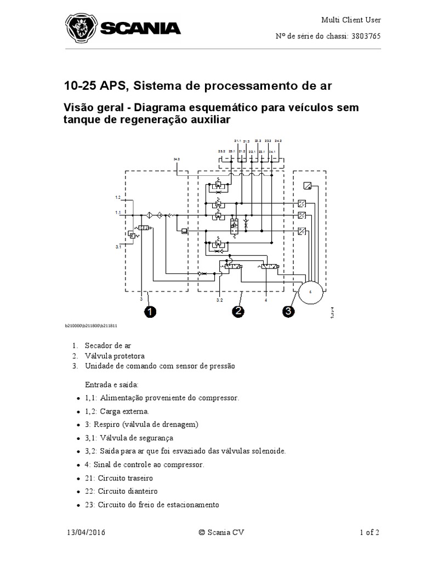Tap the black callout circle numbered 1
point(150,312)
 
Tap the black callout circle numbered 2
point(238,312)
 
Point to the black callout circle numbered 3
point(289,312)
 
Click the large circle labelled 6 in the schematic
point(310,292)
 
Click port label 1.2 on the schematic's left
point(117,197)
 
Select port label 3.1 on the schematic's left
point(117,247)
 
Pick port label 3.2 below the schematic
point(219,301)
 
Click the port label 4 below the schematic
point(265,301)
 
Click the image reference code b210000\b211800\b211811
point(92,325)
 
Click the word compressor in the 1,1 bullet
point(221,398)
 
